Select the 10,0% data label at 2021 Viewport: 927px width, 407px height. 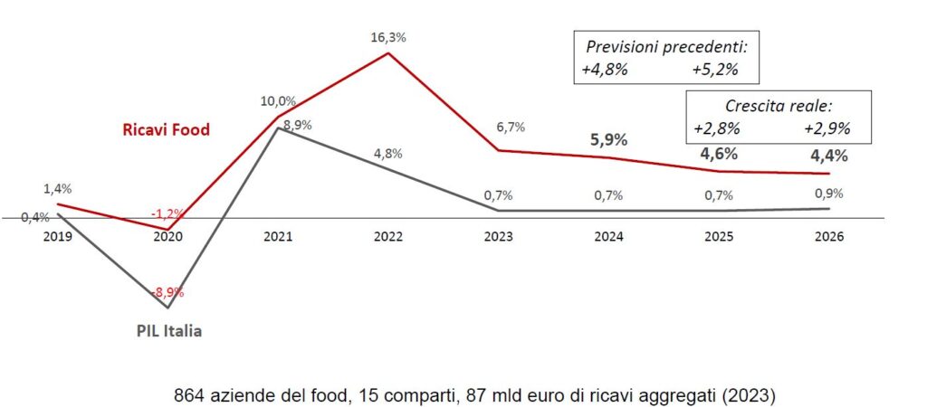(279, 100)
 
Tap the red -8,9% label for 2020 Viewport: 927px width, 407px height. (167, 292)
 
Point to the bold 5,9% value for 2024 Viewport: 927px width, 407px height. (609, 140)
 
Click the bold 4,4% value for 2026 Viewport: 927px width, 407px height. (828, 156)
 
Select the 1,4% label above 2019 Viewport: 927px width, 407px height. (57, 189)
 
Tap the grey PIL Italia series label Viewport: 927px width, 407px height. (163, 331)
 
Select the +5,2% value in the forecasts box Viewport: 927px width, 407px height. (713, 69)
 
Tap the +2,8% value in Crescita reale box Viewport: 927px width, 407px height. (717, 128)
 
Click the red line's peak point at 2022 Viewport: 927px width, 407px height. (388, 52)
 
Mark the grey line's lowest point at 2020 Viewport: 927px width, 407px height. (168, 308)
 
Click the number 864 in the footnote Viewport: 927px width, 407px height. (187, 394)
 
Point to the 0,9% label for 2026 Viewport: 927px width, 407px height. (828, 193)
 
